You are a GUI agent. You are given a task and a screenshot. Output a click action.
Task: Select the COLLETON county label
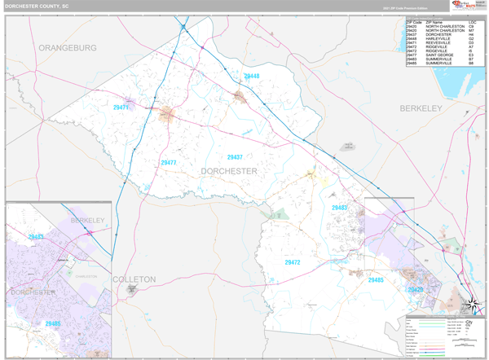[134, 279]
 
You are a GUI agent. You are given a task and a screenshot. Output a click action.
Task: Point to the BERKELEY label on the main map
[420, 108]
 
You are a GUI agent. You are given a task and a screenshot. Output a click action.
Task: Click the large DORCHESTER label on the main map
[229, 171]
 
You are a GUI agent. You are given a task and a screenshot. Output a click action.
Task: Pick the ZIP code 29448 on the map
[251, 77]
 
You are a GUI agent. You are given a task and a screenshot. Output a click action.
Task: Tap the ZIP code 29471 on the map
[121, 108]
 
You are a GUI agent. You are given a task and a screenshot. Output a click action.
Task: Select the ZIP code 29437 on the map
[235, 156]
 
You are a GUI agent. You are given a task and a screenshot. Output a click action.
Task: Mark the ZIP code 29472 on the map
[293, 262]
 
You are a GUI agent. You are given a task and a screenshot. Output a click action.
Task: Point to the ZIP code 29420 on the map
[416, 290]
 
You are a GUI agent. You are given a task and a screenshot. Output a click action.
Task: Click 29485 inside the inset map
[53, 323]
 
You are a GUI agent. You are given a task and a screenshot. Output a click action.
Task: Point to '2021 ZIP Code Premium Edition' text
[405, 8]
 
